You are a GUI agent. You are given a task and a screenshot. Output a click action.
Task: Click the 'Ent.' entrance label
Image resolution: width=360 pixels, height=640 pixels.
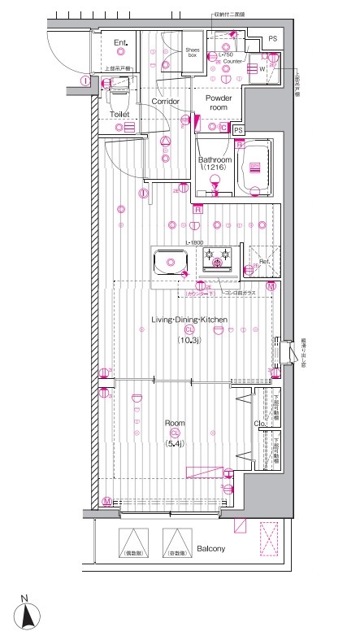[x=121, y=42]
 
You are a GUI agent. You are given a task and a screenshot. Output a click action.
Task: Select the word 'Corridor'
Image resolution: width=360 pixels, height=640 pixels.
[x=166, y=101]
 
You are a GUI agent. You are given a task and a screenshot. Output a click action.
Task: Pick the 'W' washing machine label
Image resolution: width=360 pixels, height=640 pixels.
[x=262, y=69]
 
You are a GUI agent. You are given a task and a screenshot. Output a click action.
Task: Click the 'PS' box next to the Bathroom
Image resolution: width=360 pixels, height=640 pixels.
[x=238, y=130]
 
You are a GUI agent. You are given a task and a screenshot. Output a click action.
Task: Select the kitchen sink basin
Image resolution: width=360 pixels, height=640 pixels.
[x=171, y=263]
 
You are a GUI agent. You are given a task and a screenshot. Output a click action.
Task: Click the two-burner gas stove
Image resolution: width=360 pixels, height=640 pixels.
[x=218, y=259]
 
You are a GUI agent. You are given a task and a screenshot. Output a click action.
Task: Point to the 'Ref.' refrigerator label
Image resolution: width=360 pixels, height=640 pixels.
[x=264, y=262]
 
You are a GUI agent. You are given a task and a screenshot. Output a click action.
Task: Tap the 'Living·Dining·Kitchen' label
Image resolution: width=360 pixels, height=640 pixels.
[x=190, y=320]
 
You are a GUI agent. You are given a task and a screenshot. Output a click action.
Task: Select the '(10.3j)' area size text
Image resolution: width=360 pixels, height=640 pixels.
[x=190, y=340]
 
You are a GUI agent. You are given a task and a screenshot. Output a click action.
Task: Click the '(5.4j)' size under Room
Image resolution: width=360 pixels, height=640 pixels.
[x=176, y=444]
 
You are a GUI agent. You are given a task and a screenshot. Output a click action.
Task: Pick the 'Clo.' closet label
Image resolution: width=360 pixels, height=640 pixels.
[x=260, y=424]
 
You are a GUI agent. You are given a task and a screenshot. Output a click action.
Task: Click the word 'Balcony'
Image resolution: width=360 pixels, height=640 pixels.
[x=210, y=549]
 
